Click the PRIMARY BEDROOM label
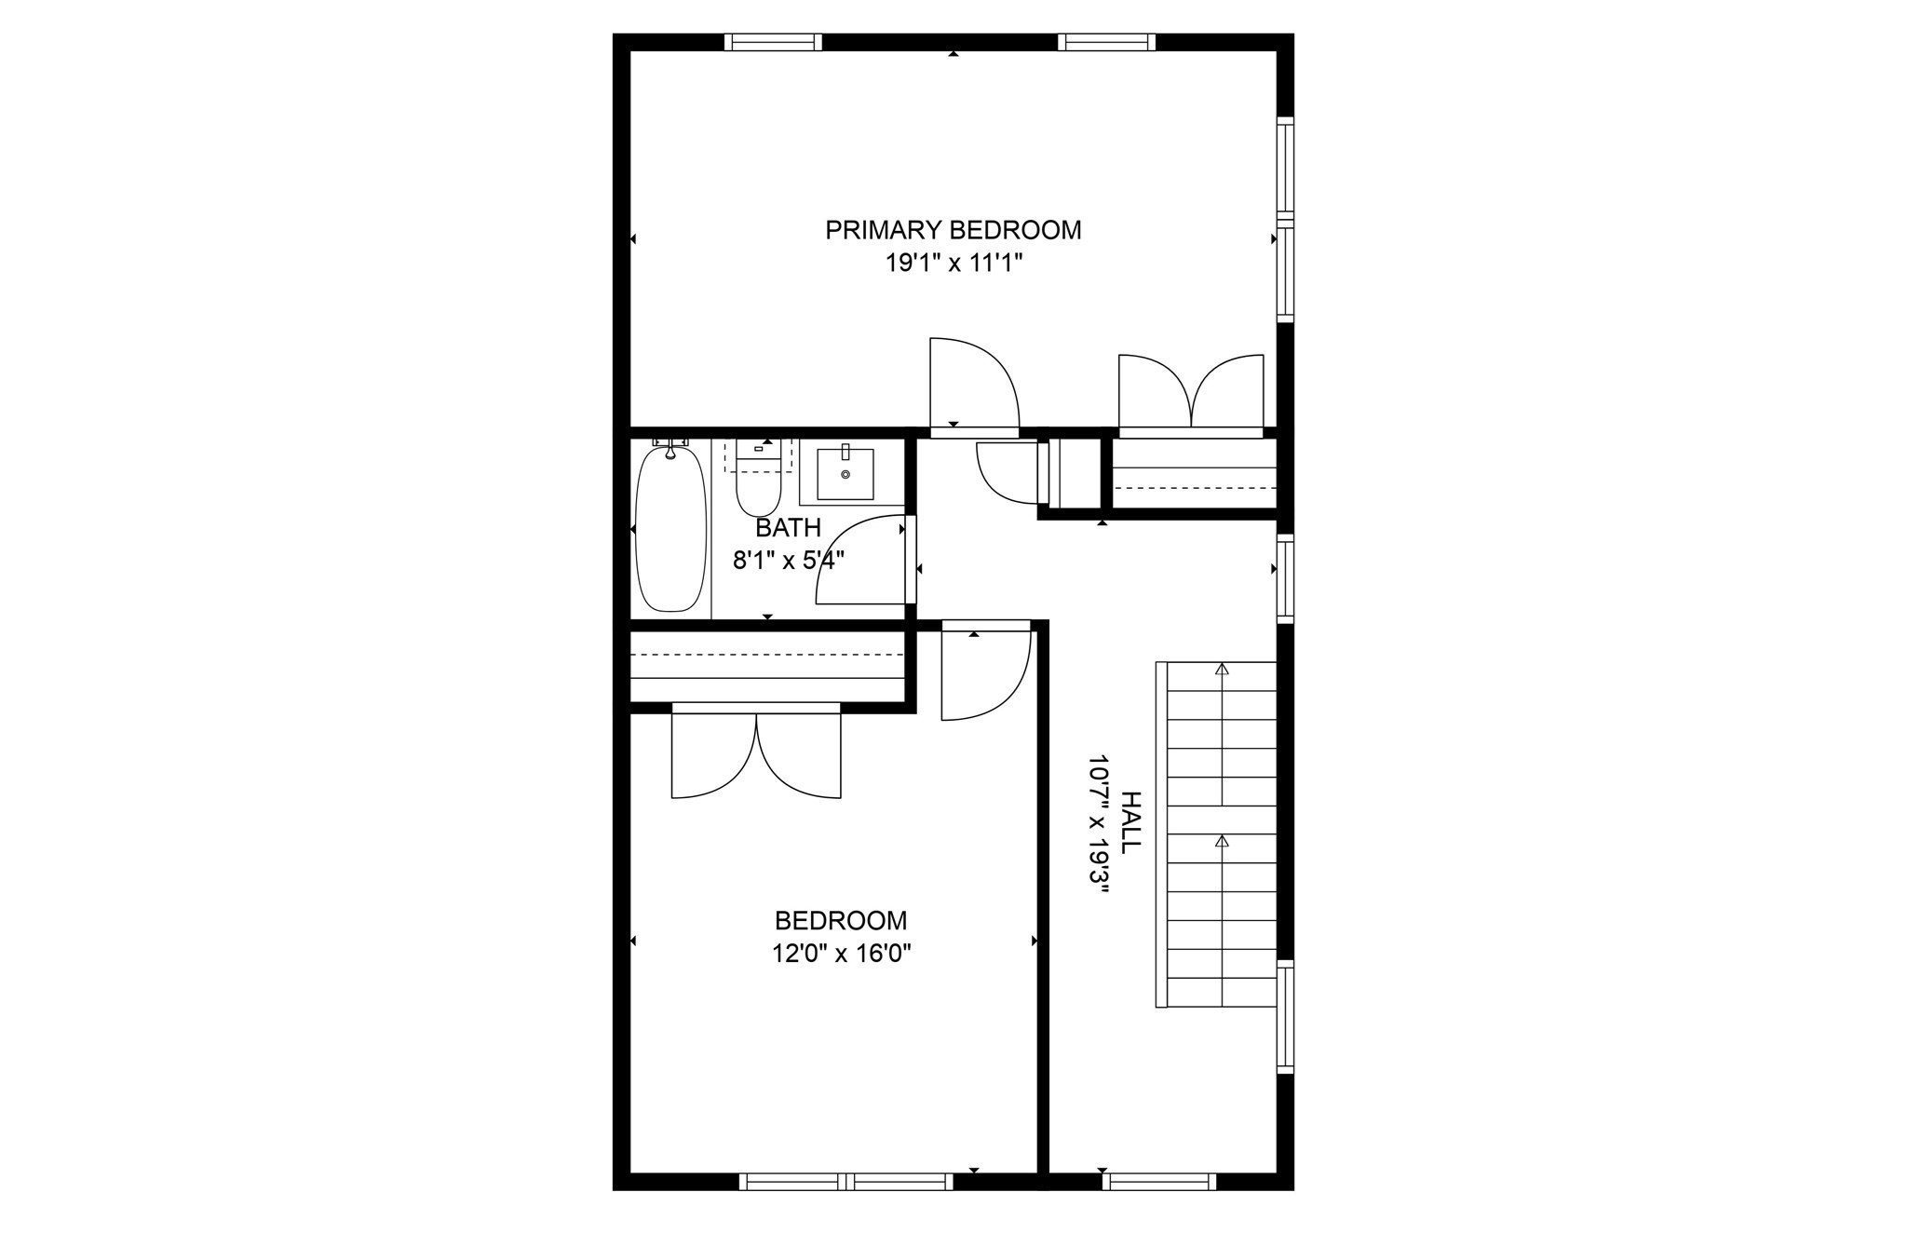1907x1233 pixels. [953, 230]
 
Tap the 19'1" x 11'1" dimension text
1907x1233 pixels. [953, 264]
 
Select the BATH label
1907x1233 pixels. [788, 528]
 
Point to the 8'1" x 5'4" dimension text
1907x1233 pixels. [788, 561]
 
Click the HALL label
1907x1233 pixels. [1129, 822]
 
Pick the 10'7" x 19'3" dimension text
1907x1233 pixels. [1099, 824]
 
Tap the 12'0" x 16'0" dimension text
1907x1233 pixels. [841, 954]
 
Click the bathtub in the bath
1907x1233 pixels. [670, 528]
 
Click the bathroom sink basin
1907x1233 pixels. [845, 474]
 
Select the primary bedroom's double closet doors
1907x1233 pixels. [1191, 394]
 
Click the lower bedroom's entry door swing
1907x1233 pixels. [984, 673]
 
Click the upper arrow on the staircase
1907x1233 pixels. [1222, 669]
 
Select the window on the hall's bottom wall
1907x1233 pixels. [1159, 1182]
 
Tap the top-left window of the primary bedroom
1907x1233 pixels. [773, 42]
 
